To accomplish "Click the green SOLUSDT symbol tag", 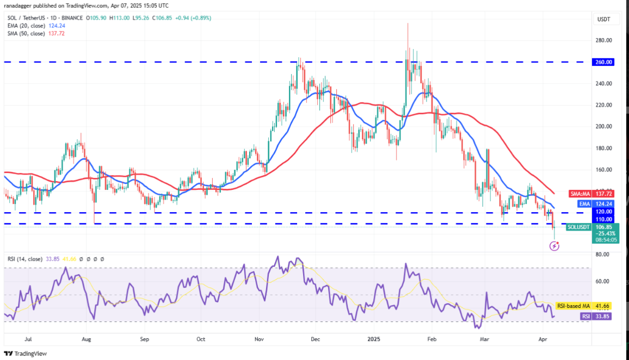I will [x=578, y=227].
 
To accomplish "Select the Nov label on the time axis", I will [x=260, y=339].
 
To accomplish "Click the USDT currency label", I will [x=605, y=20].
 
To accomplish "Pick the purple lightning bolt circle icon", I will [x=554, y=246].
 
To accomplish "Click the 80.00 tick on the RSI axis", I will [x=603, y=255].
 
